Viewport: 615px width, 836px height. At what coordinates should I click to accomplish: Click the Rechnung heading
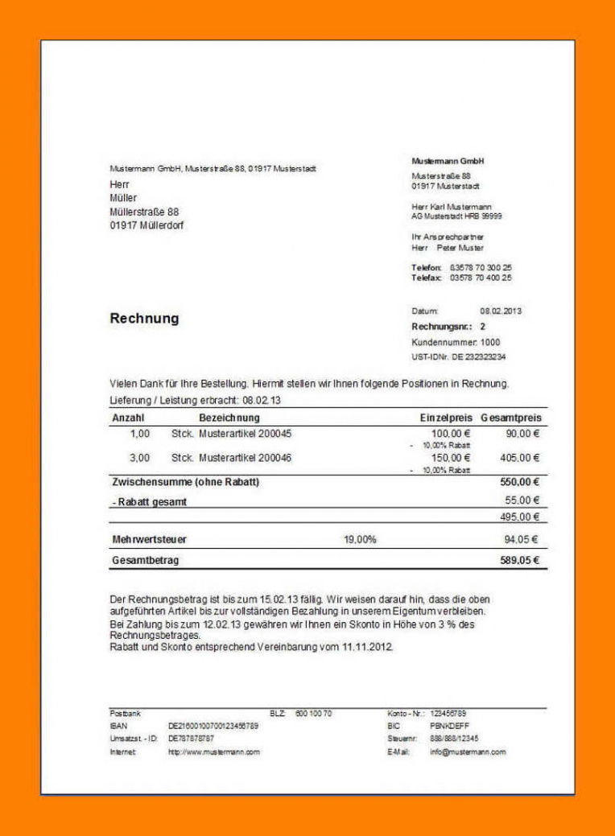pos(144,319)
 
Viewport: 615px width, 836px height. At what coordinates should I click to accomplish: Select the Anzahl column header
pos(128,418)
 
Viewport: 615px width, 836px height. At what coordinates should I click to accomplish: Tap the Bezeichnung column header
pos(229,418)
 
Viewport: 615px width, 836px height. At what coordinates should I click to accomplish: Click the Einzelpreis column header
pos(445,418)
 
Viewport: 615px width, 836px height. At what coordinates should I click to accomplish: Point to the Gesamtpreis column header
pos(512,418)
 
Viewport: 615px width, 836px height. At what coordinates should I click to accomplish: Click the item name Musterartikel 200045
pos(245,434)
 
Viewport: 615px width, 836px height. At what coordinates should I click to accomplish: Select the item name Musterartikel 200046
pos(245,458)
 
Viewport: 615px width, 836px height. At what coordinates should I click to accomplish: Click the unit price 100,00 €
pos(451,434)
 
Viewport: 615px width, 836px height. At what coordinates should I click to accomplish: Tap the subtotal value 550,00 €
pos(519,482)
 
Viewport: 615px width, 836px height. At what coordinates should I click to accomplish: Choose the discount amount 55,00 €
pos(522,500)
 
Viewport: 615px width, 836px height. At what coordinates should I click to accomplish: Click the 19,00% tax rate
pos(360,539)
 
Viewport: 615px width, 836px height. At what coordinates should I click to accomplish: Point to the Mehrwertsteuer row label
pos(149,539)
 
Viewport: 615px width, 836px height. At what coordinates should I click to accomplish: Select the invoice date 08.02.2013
pos(501,311)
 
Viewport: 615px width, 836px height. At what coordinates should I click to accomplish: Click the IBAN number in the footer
pos(213,726)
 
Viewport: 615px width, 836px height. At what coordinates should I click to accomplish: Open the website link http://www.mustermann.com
pos(213,752)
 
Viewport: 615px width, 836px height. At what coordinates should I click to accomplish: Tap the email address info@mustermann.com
pos(468,752)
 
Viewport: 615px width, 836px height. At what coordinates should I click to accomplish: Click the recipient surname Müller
pos(123,198)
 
